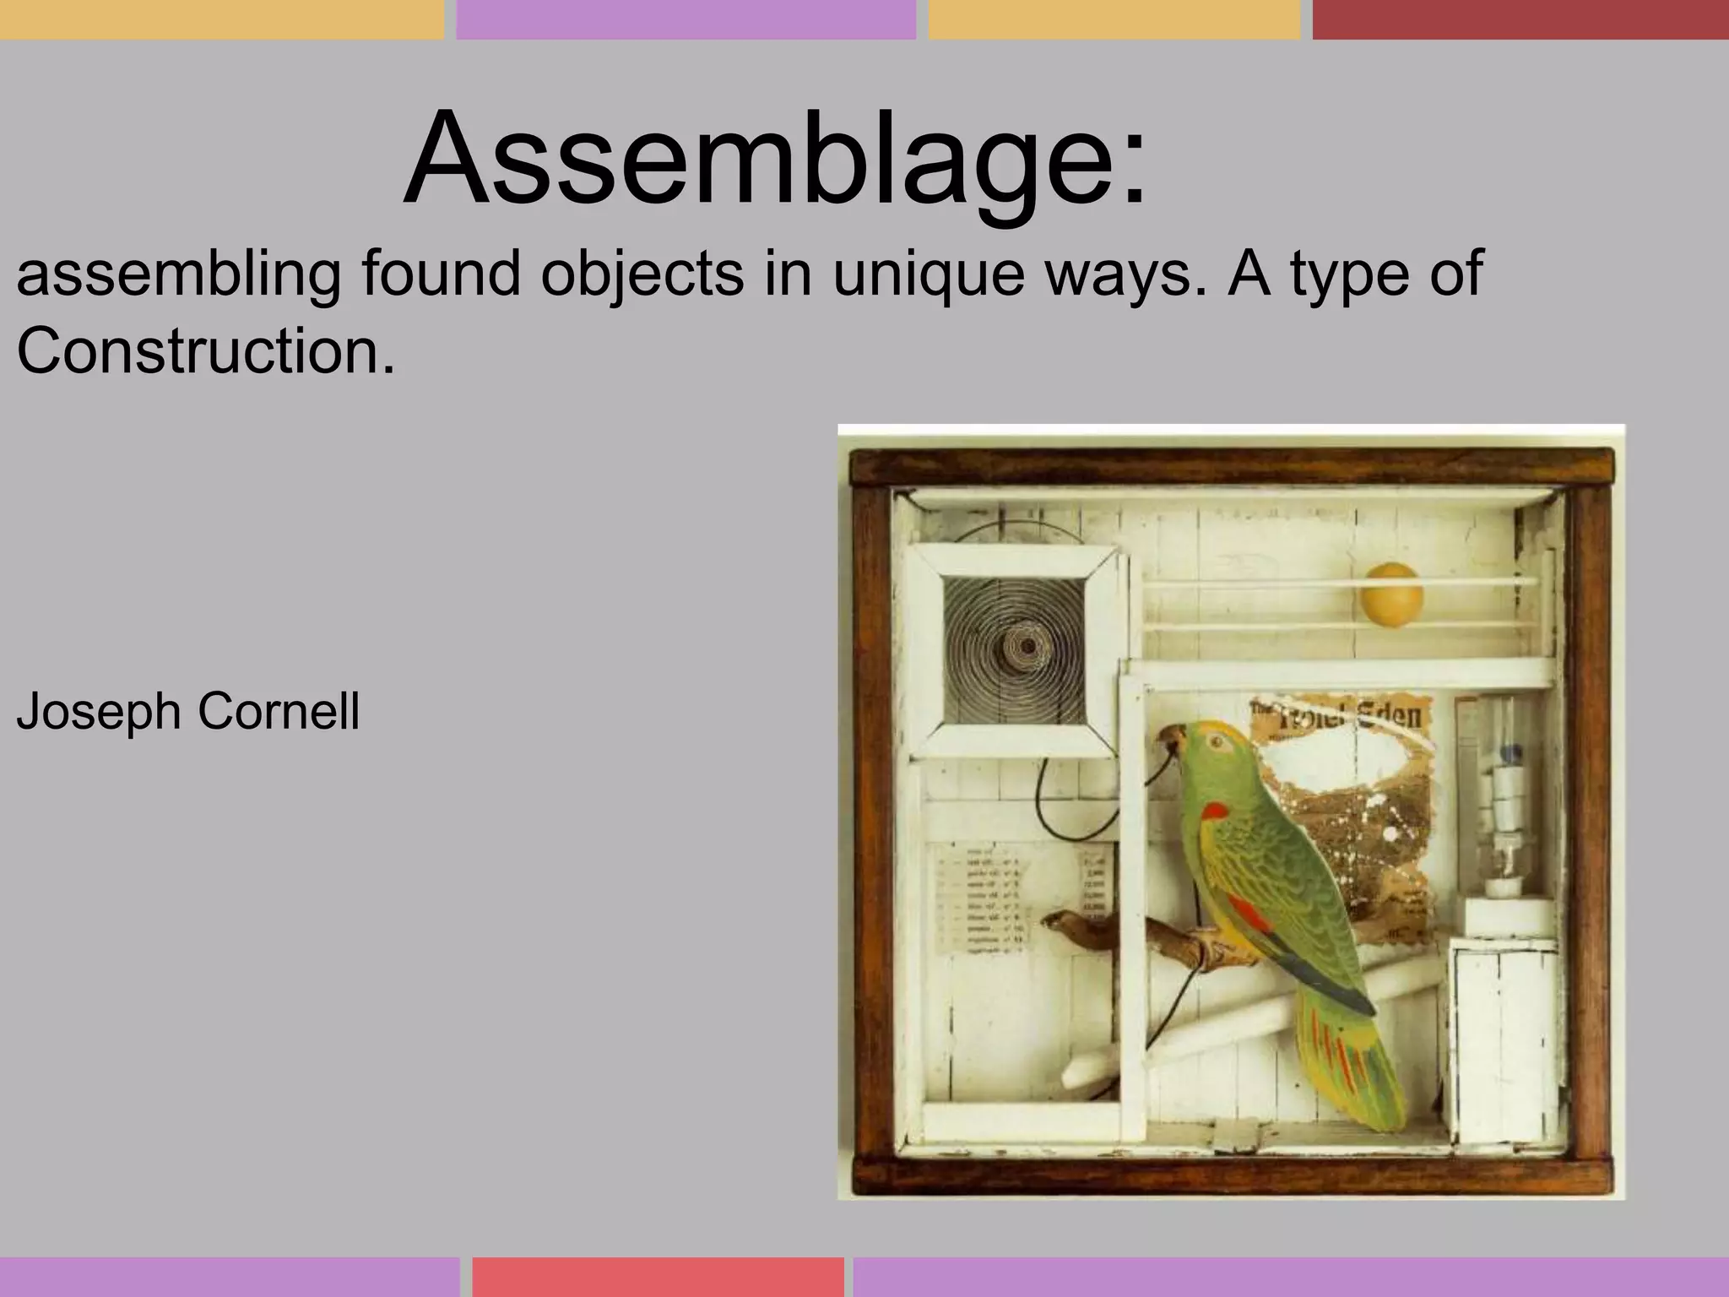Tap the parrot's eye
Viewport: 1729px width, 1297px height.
tap(1216, 741)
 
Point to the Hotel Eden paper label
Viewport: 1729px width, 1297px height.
tap(1342, 717)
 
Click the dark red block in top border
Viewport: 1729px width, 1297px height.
tap(1520, 19)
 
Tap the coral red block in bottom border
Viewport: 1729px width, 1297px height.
tap(658, 1277)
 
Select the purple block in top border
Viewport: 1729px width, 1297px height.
tap(686, 19)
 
